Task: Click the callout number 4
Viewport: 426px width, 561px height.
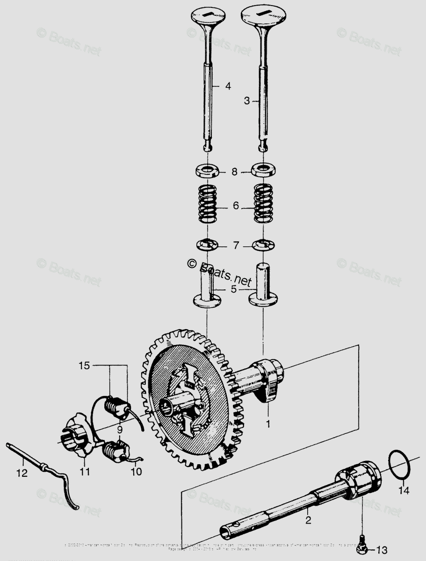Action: pyautogui.click(x=228, y=86)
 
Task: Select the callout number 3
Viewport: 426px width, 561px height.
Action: pyautogui.click(x=248, y=101)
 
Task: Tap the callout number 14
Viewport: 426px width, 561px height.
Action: pyautogui.click(x=404, y=490)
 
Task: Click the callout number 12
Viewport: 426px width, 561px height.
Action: pyautogui.click(x=22, y=473)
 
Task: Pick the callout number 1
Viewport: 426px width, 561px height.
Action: pyautogui.click(x=268, y=425)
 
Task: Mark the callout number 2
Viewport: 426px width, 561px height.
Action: pyautogui.click(x=308, y=518)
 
